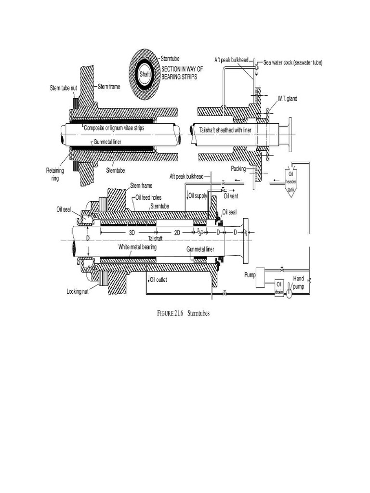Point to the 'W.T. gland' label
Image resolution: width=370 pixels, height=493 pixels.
(x=287, y=98)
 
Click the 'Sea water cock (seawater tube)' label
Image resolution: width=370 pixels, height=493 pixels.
(x=293, y=63)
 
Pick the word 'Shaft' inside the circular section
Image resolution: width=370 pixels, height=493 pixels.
(x=145, y=75)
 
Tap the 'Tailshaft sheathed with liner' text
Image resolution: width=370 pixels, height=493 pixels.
(x=229, y=130)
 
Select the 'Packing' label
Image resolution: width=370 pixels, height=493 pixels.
(x=238, y=169)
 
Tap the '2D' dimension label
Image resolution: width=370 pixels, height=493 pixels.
(x=177, y=232)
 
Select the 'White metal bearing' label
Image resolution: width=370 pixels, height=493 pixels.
(x=138, y=246)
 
